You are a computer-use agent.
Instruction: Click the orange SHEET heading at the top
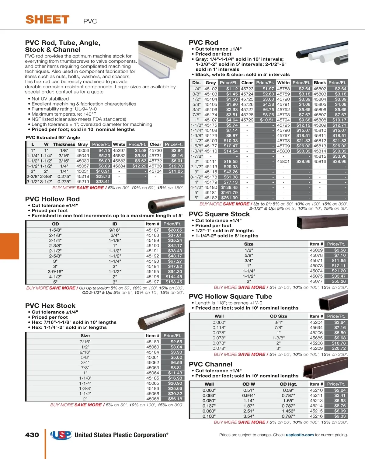point(47,20)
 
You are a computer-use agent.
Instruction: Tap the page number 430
point(32,435)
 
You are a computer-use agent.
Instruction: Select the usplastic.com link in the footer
point(300,435)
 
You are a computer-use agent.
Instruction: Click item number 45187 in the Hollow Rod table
point(152,230)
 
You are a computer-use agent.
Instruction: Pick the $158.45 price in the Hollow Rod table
point(174,282)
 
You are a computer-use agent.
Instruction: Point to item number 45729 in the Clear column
point(247,120)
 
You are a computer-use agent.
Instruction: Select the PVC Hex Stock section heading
point(50,306)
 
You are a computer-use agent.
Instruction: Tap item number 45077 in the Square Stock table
point(316,281)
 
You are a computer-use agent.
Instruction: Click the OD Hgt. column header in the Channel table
point(288,384)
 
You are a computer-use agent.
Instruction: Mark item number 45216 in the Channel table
point(316,416)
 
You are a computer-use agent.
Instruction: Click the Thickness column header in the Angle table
point(64,144)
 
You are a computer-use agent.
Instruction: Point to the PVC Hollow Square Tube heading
point(230,296)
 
